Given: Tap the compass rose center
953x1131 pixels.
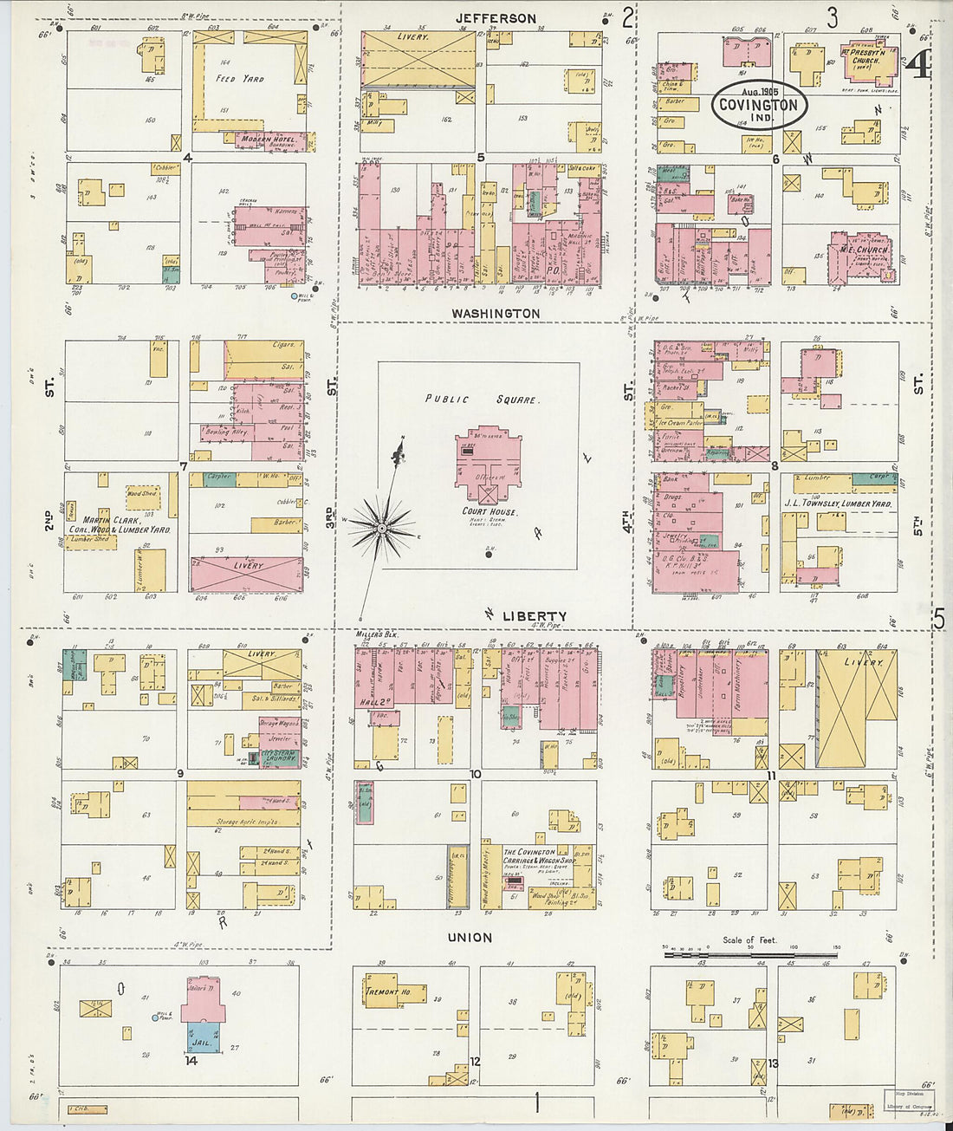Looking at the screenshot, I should (x=381, y=526).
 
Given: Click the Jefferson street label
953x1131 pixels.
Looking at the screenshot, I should (x=496, y=18).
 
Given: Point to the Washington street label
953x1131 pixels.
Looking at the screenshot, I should (x=496, y=313).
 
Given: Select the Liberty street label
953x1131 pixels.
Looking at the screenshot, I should (x=535, y=615).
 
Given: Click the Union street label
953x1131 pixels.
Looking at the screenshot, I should (x=470, y=937).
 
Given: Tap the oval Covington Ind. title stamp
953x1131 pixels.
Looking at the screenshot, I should (x=759, y=105).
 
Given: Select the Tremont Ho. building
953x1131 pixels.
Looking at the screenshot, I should (x=382, y=991).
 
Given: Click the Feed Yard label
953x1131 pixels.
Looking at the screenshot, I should (x=240, y=79).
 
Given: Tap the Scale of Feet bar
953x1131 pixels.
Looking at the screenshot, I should (x=752, y=955).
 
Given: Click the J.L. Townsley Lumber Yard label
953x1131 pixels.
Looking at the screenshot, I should (x=838, y=503).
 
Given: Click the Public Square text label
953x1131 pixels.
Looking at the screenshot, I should (x=482, y=400).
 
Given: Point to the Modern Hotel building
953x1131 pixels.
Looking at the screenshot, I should (x=268, y=140).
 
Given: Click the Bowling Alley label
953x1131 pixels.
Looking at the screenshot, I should (x=226, y=431).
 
